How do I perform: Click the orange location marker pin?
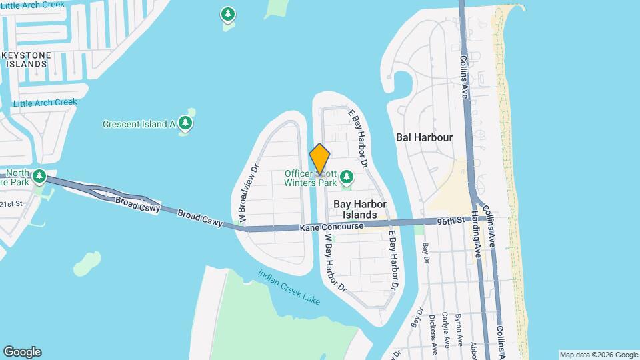coord(320,159)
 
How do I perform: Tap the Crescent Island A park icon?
coord(185,123)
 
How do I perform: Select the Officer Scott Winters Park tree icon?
coord(346,177)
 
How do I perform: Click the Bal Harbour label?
coord(424,137)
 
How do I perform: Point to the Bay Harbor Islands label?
coord(359,209)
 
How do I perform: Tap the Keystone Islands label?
coord(27,59)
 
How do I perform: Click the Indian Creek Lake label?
coord(289,287)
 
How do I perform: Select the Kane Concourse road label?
coord(331,227)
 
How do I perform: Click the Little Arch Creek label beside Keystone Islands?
coord(45,103)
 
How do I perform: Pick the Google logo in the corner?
coord(22,352)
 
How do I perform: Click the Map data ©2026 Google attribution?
coord(598,355)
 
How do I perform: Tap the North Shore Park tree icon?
coord(40,177)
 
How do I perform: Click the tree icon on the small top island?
coord(228,14)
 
